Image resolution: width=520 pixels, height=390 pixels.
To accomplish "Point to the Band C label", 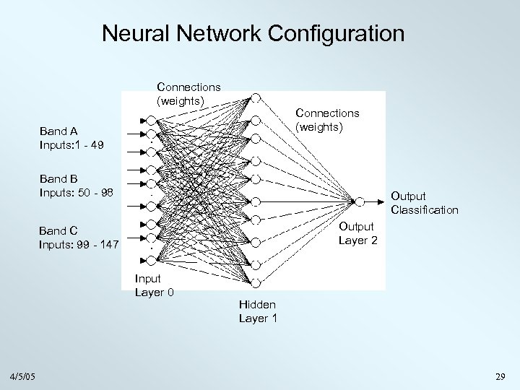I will pos(58,231).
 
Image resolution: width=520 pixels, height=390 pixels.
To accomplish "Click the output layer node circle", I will pos(357,201).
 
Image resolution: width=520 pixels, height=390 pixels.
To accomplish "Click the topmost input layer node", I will pos(150,117).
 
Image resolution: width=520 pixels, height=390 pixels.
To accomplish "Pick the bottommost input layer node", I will pos(150,238).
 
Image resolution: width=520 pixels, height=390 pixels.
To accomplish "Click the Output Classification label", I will pos(424,203).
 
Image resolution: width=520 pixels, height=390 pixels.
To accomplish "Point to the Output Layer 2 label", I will pos(357,233).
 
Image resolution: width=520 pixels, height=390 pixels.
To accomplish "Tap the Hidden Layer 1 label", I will pos(258,312).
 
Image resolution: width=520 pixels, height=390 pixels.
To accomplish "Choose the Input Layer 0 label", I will pos(154,285).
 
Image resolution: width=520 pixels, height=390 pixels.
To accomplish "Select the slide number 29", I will pos(500,377).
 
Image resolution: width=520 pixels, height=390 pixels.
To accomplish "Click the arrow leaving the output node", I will pos(376,201).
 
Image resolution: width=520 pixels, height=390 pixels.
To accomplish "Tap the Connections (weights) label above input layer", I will pos(189,93).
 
